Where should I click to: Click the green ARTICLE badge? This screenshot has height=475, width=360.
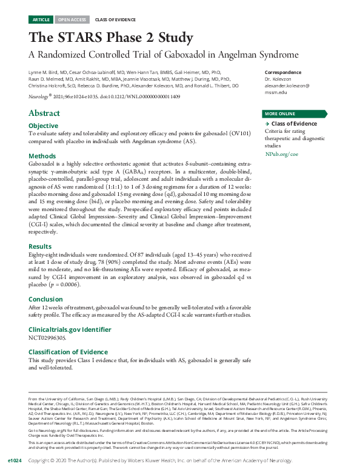[41, 19]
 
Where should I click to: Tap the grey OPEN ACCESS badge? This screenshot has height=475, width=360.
[72, 19]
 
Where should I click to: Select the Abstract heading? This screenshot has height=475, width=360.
[44, 113]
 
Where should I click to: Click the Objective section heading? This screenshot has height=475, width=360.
[43, 126]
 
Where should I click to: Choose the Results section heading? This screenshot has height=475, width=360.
[41, 246]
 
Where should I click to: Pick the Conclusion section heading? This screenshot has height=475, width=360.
[46, 299]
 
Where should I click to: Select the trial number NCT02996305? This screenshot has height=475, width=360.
[47, 337]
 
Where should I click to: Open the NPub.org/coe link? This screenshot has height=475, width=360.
[281, 155]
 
